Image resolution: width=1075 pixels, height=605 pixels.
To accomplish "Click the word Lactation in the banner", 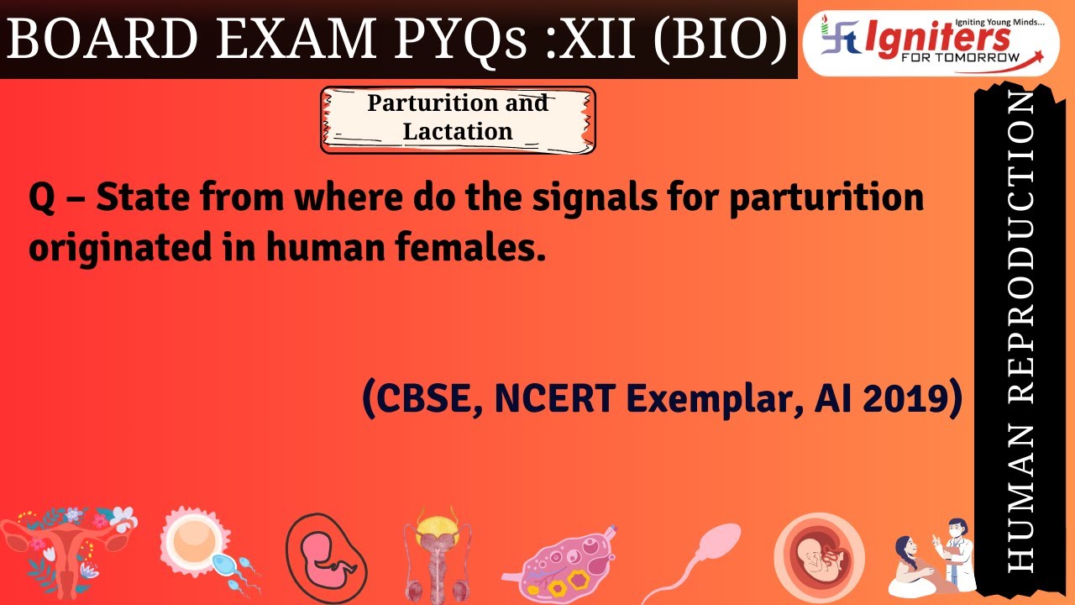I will [458, 132].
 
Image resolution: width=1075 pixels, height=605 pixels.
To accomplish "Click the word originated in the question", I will [118, 248].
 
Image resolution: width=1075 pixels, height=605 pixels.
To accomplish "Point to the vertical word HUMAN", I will [1020, 499].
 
